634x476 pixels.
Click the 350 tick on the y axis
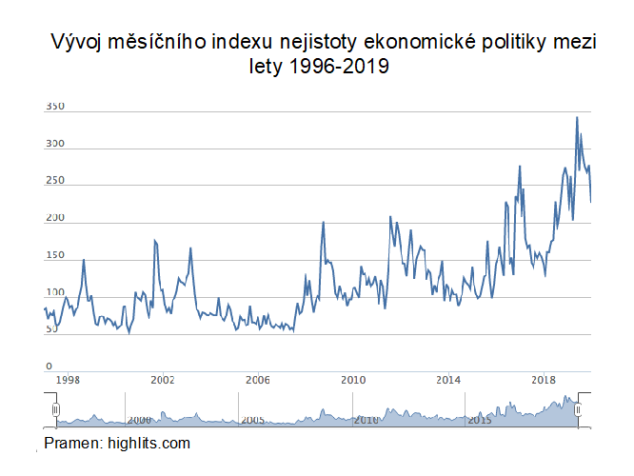pos(54,108)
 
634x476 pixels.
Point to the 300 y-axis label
pos(54,145)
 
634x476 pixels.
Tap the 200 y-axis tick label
pos(54,219)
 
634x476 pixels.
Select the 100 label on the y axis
pos(54,293)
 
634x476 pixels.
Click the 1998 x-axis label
pos(67,380)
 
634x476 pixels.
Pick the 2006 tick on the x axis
pos(258,380)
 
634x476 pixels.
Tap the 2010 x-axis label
pos(353,380)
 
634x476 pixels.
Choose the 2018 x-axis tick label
pos(545,380)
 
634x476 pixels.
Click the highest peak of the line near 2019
pos(577,118)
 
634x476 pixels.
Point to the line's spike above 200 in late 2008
pos(324,223)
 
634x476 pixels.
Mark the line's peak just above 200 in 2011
pos(390,217)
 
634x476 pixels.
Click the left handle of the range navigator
pos(55,409)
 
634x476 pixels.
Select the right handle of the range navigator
pos(578,409)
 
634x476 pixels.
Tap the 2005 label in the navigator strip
pos(251,420)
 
